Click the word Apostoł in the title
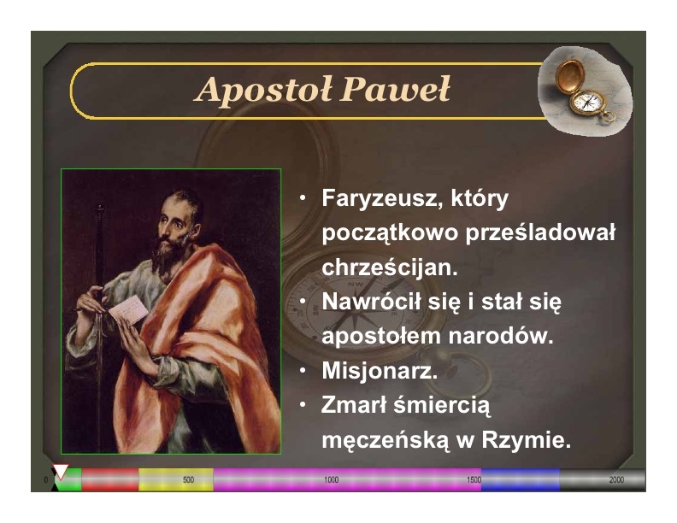(263, 90)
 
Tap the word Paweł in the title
(395, 90)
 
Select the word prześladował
(540, 233)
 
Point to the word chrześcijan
(390, 267)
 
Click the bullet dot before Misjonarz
(303, 370)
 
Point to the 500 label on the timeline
(188, 480)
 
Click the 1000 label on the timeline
(331, 480)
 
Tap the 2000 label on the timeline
(616, 480)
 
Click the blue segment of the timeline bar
(521, 480)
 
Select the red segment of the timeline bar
(110, 480)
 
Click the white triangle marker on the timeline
(61, 471)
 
